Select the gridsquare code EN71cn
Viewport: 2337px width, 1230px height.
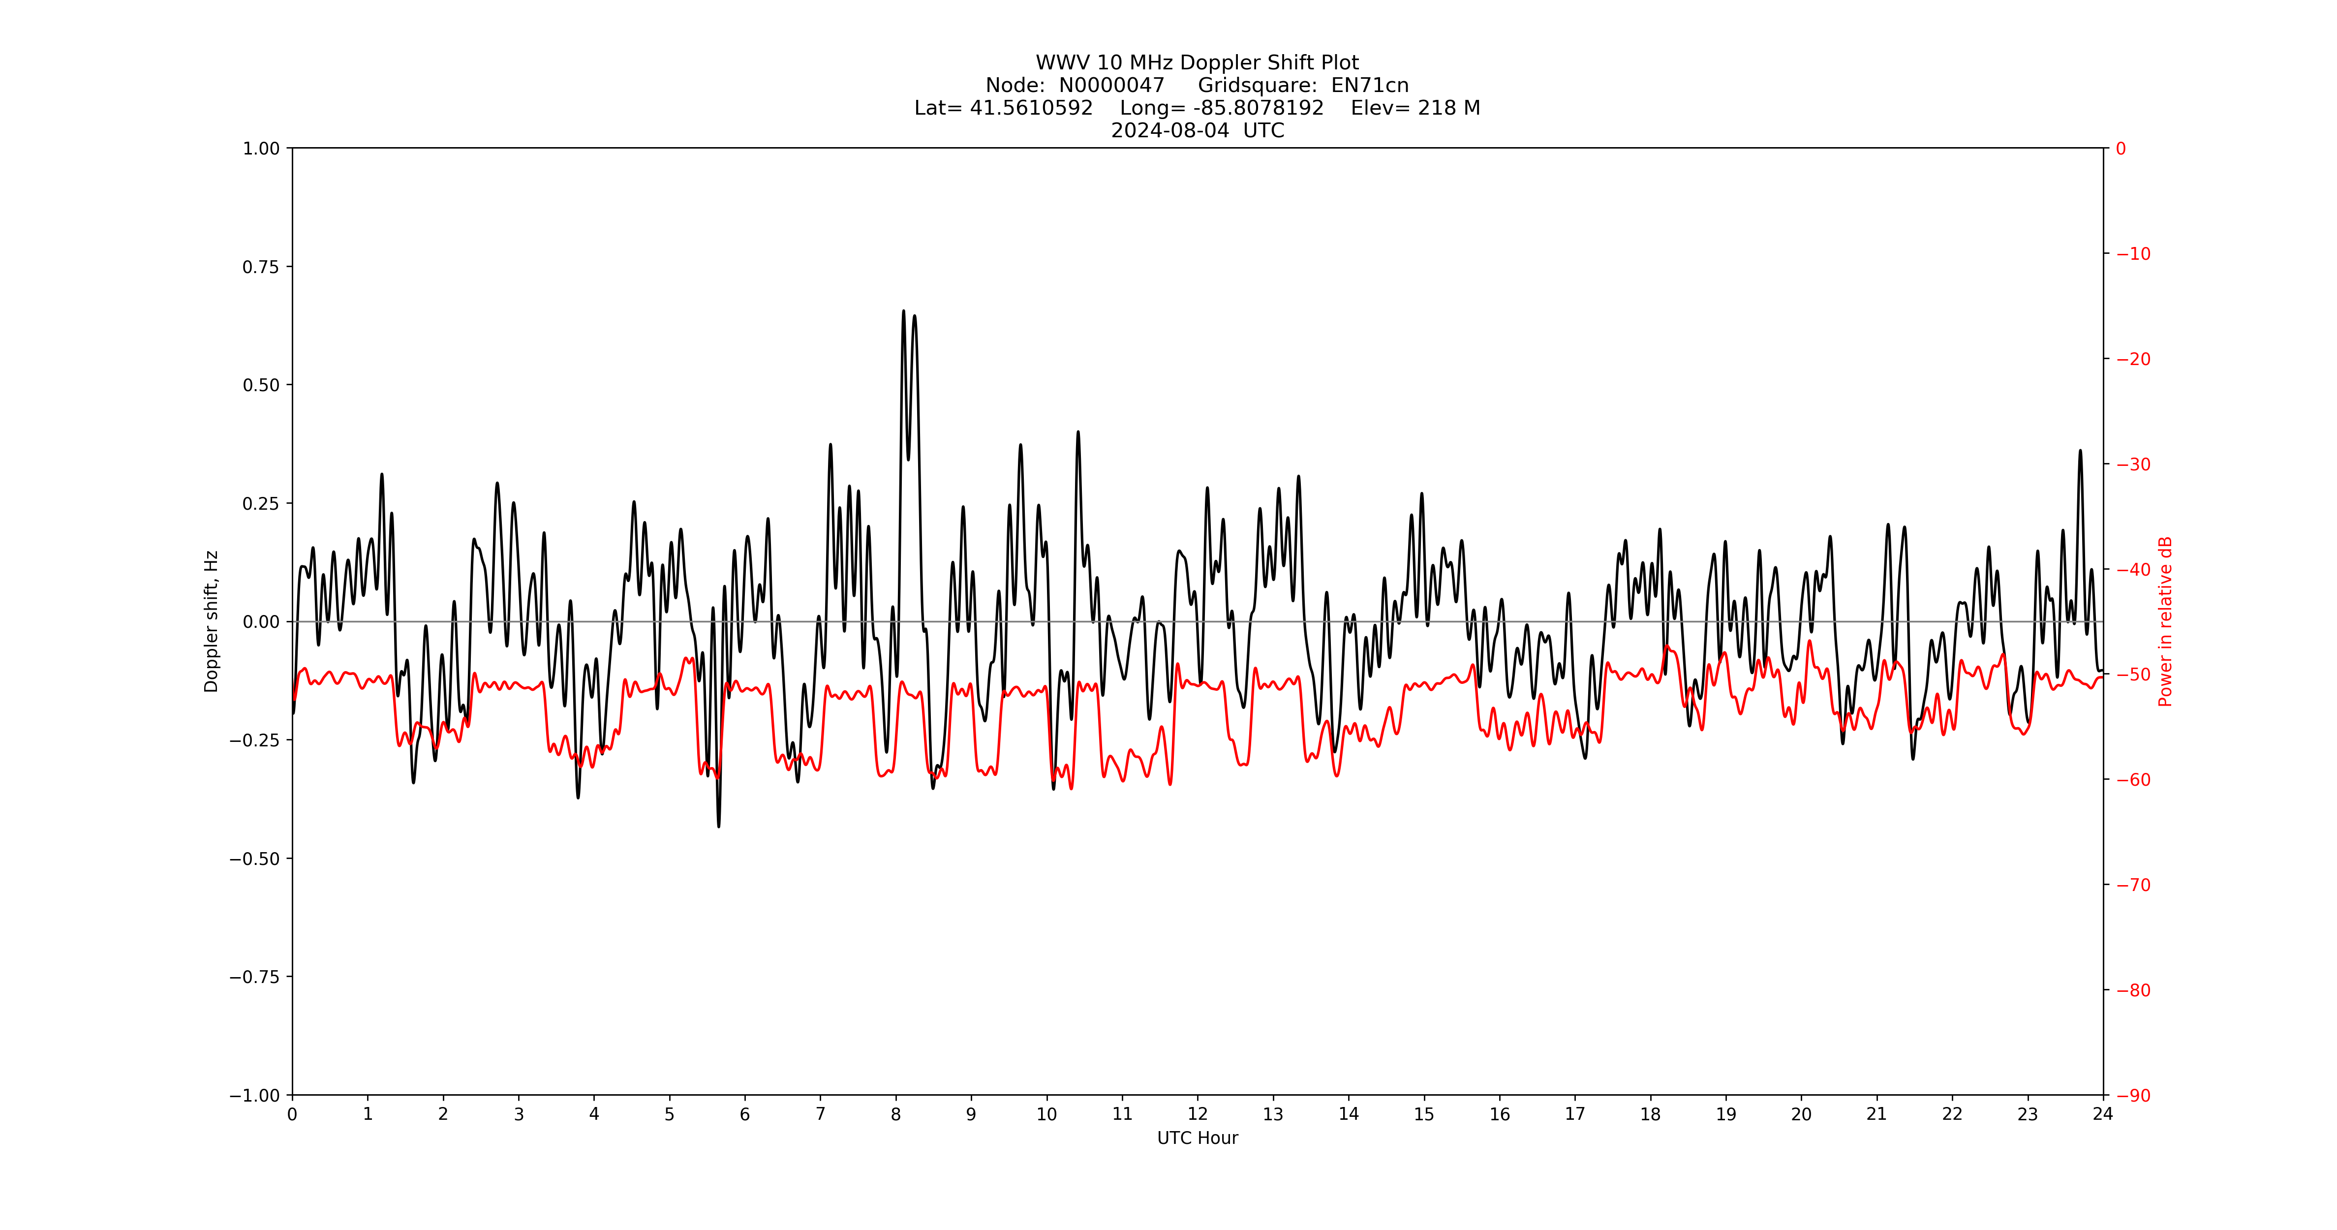point(1370,85)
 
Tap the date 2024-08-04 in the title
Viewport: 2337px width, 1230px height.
point(1170,130)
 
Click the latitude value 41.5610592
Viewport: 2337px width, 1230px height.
point(1032,108)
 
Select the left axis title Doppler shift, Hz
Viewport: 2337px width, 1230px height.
point(212,621)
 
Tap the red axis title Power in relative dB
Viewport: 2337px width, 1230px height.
point(2165,621)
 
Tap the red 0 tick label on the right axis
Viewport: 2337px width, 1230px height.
point(2121,149)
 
